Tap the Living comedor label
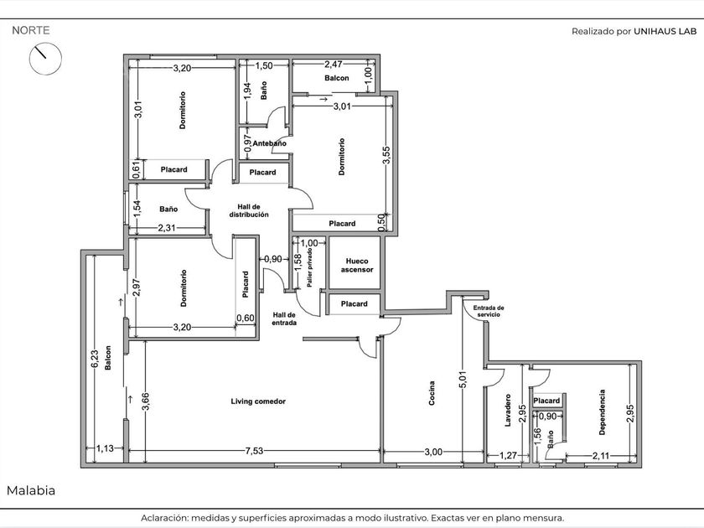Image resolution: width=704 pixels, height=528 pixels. click(x=258, y=401)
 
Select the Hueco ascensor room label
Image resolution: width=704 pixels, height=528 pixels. click(x=357, y=266)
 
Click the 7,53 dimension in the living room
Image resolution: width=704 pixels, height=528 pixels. click(x=254, y=451)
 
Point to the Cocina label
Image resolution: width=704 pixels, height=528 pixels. click(x=432, y=393)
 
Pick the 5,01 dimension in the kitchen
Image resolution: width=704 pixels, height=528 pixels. click(x=463, y=380)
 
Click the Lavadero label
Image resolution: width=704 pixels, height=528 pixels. click(x=508, y=411)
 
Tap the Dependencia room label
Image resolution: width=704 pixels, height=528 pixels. click(x=602, y=412)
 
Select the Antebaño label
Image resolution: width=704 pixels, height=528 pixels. click(x=269, y=143)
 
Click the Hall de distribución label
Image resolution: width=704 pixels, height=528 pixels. click(x=249, y=210)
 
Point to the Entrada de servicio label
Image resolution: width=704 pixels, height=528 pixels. click(x=489, y=311)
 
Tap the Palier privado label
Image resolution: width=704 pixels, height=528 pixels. click(x=310, y=267)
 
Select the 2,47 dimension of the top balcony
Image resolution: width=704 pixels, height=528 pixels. click(x=334, y=65)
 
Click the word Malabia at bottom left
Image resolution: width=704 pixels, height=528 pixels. click(x=31, y=490)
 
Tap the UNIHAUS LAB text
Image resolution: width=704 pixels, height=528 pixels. click(x=665, y=32)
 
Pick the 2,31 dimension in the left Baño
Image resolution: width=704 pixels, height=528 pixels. click(x=167, y=228)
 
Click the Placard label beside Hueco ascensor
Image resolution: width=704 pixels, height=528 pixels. click(x=355, y=304)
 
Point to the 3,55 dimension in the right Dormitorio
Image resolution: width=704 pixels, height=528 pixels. click(x=386, y=155)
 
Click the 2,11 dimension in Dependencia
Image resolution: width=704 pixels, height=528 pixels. click(x=601, y=456)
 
